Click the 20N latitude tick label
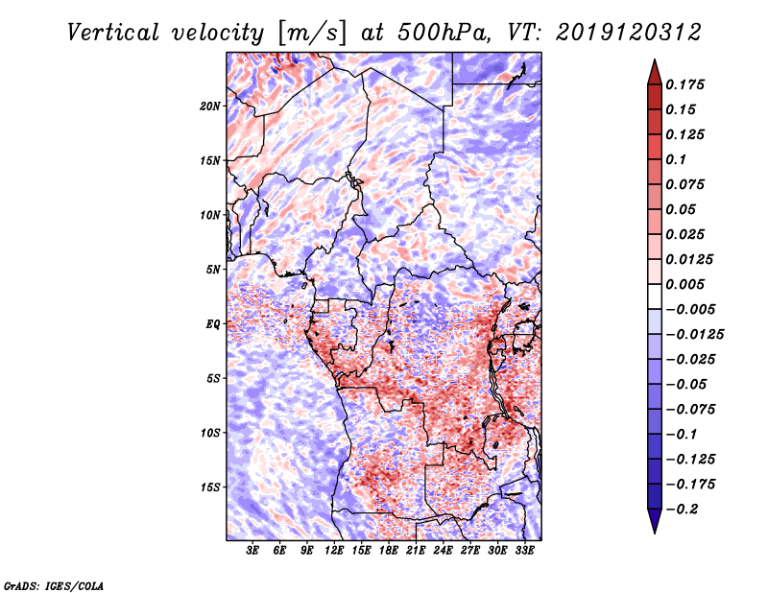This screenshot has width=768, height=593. (210, 106)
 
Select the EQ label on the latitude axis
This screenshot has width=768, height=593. (213, 324)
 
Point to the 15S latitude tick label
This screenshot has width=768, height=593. (210, 487)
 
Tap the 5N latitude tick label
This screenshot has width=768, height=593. (213, 270)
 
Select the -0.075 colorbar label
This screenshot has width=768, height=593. (691, 409)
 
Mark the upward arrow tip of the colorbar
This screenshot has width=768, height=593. (654, 63)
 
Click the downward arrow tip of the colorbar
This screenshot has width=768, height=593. (654, 530)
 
